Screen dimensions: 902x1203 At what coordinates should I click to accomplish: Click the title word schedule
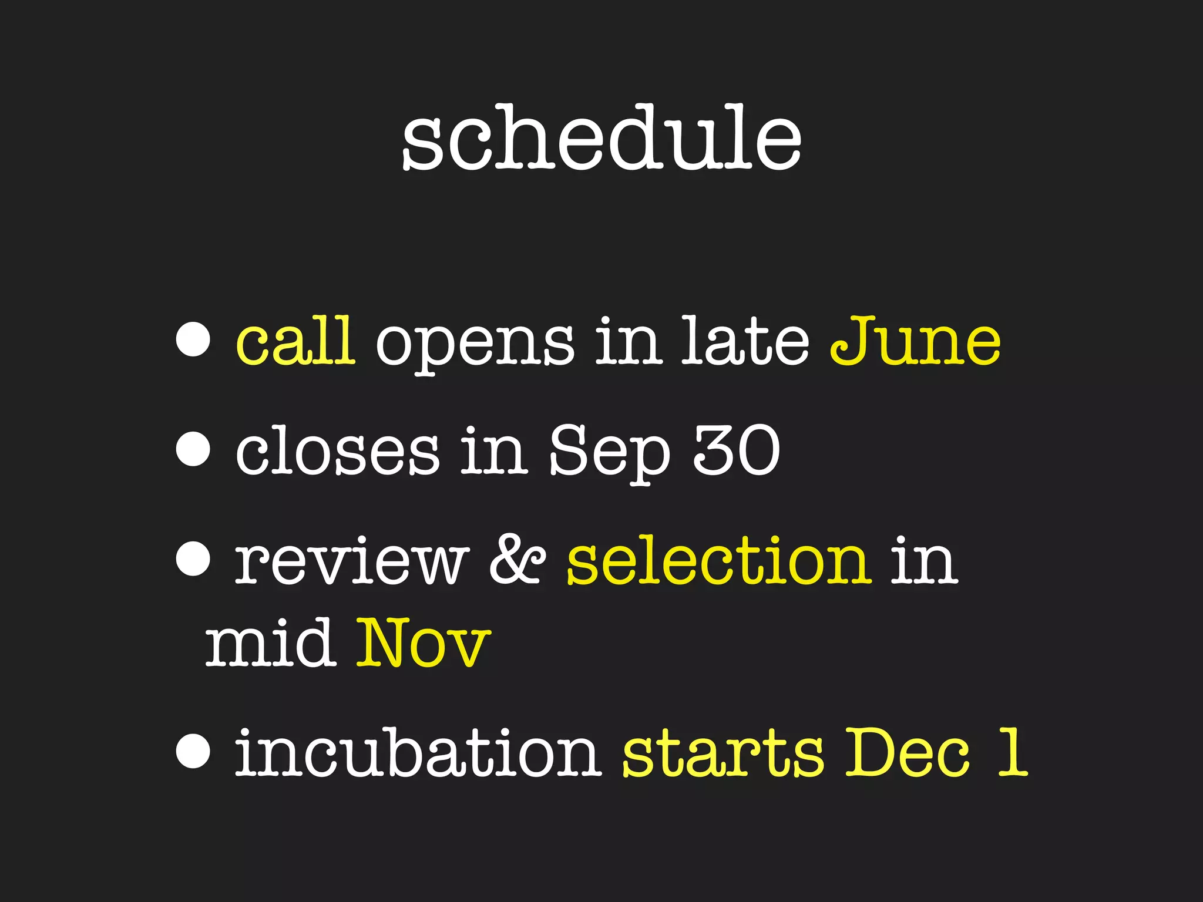(x=601, y=139)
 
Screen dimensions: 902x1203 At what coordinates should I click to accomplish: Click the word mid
(x=270, y=643)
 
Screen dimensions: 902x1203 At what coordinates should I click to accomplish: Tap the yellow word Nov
(x=423, y=643)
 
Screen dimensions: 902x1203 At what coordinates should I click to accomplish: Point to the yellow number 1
(x=1012, y=752)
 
